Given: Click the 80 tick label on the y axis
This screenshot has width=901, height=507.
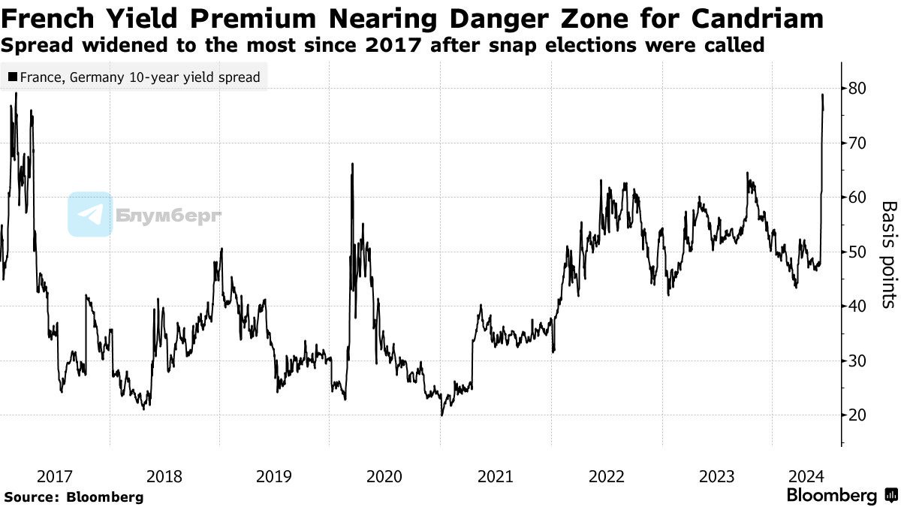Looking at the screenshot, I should click(857, 89).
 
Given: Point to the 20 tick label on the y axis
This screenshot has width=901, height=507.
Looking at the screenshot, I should click(857, 415).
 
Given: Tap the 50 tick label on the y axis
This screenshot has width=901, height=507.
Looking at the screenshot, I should click(857, 252).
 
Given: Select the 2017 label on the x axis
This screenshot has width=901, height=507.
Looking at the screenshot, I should click(55, 476).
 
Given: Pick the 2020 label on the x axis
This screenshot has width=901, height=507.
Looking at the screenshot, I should click(385, 476).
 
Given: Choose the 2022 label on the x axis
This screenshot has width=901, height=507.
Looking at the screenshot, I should click(606, 476).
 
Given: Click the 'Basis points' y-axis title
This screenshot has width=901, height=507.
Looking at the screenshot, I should click(888, 254).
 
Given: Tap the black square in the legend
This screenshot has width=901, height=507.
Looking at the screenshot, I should click(13, 77).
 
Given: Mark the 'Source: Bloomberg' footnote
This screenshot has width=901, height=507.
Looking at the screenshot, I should click(74, 496).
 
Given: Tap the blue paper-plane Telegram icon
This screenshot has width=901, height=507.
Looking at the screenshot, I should click(90, 214).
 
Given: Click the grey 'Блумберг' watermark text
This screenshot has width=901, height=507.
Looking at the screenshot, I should click(169, 216).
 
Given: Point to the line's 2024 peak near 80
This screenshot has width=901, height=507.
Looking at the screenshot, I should click(822, 95).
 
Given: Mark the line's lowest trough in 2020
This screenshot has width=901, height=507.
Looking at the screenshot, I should click(441, 415).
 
